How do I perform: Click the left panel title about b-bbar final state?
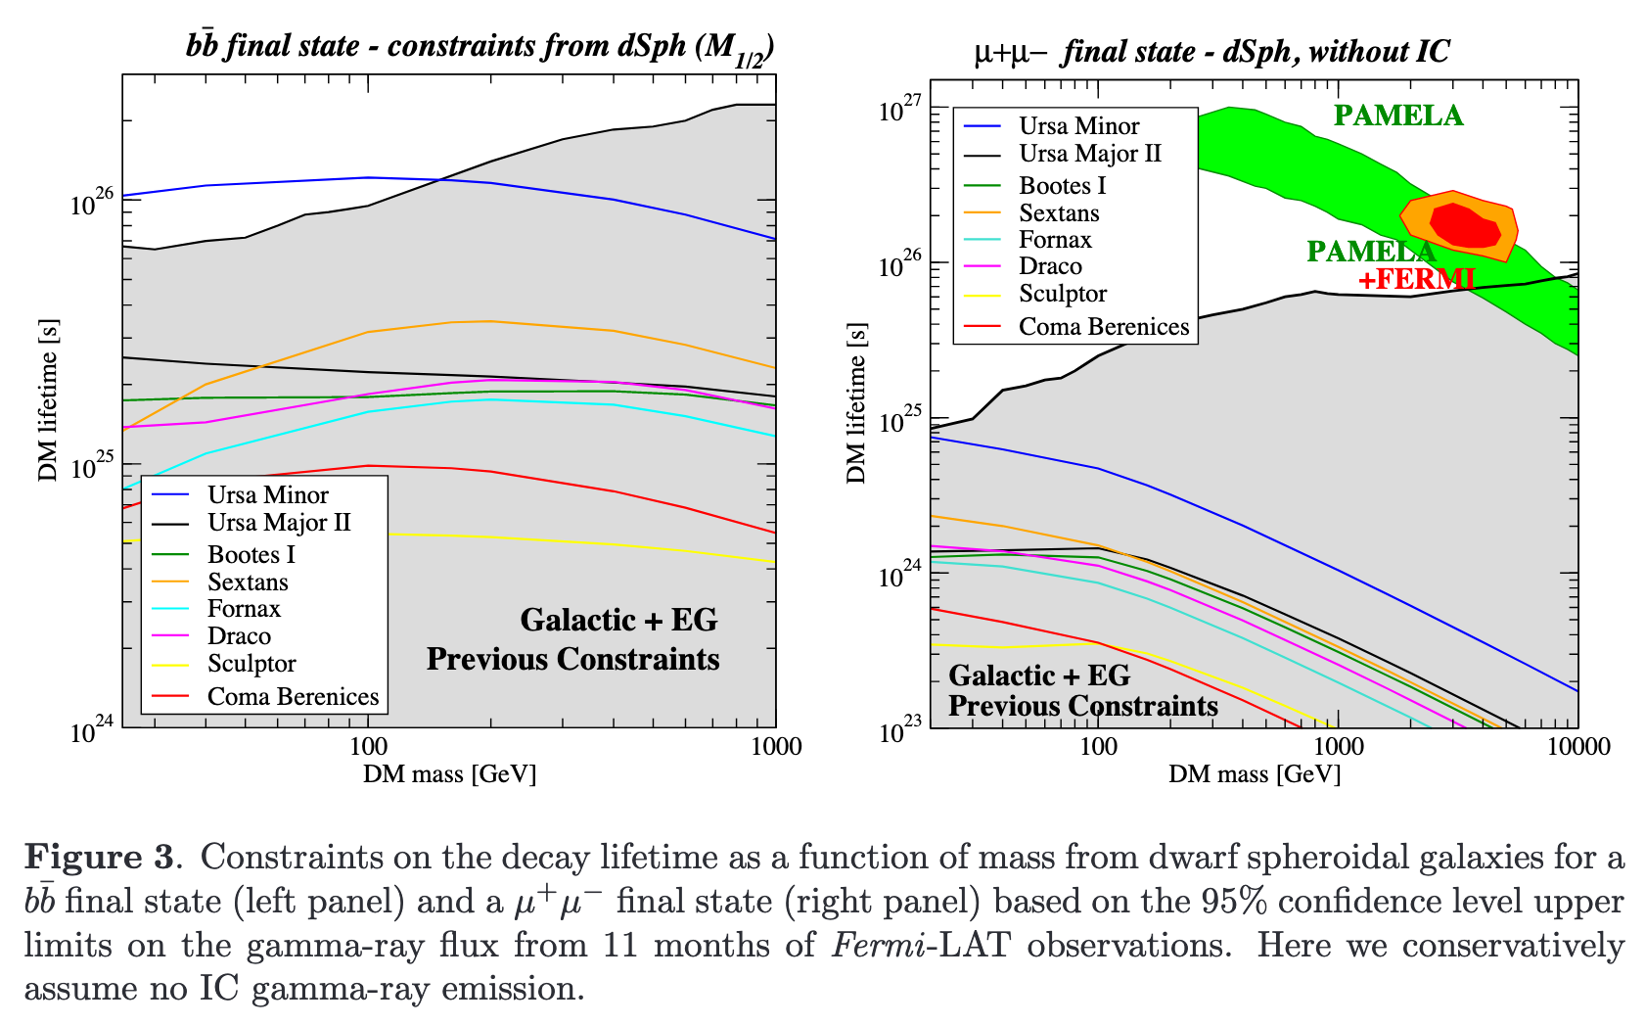480,47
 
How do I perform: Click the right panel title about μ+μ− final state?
1211,51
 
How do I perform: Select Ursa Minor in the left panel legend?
267,494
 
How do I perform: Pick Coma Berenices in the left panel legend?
293,696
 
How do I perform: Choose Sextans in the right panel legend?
1059,212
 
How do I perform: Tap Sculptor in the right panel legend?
1063,293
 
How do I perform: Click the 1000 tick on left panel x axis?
775,747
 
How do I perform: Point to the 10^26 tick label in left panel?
90,205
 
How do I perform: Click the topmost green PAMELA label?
1398,116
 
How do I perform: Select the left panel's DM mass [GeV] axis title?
449,774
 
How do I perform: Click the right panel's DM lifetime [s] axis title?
856,403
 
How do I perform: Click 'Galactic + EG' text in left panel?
618,620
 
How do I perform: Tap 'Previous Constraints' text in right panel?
1082,706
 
